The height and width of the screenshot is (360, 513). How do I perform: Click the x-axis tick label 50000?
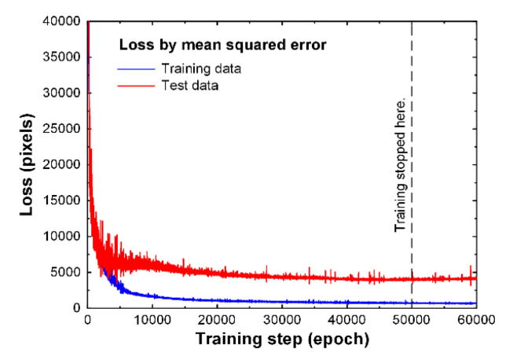pyautogui.click(x=412, y=320)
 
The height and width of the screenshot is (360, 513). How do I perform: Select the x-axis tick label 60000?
pyautogui.click(x=475, y=320)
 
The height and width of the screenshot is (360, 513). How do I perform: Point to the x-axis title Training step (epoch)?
pyautogui.click(x=281, y=340)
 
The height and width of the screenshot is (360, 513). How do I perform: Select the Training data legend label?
pyautogui.click(x=200, y=68)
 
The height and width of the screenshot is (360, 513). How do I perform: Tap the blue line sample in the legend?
pyautogui.click(x=135, y=69)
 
